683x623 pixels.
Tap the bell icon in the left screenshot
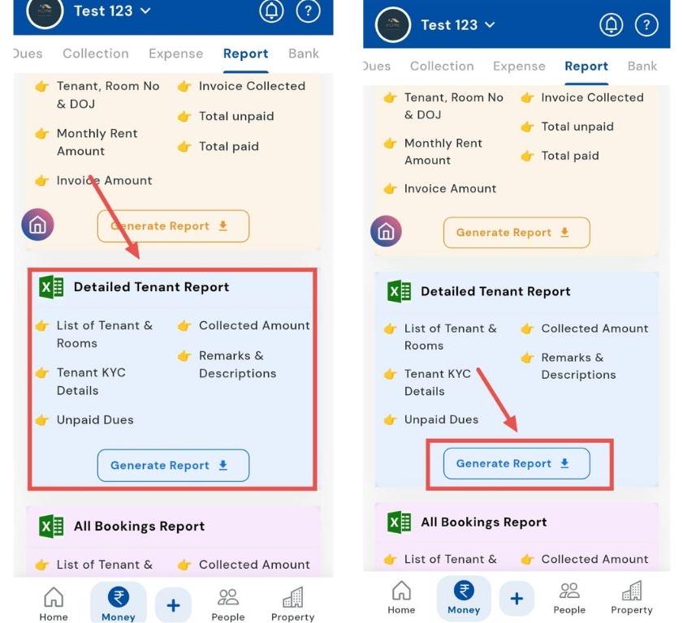coord(271,11)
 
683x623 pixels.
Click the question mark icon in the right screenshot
coord(646,25)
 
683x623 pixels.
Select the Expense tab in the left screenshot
coord(175,54)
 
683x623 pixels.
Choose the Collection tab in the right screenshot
coord(442,67)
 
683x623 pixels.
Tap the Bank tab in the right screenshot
coord(642,67)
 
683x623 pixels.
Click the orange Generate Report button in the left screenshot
coord(173,226)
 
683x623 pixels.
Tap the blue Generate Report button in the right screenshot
coord(517,464)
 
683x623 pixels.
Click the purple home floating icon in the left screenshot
coord(37,225)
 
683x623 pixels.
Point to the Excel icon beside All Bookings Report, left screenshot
coord(51,526)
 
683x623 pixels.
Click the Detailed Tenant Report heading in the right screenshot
coord(495,291)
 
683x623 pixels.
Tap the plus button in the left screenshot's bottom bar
coord(173,605)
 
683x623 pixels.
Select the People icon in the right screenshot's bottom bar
coord(569,591)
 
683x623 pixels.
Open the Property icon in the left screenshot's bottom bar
coord(292,597)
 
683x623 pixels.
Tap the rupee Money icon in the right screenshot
coord(464,591)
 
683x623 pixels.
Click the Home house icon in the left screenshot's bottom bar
coord(54,597)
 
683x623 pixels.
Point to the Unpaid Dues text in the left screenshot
coord(95,420)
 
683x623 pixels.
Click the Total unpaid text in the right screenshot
coord(577,127)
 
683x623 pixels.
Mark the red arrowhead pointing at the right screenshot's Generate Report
coord(512,423)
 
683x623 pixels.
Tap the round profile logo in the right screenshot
coord(393,25)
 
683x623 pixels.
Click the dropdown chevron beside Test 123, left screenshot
coord(145,11)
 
